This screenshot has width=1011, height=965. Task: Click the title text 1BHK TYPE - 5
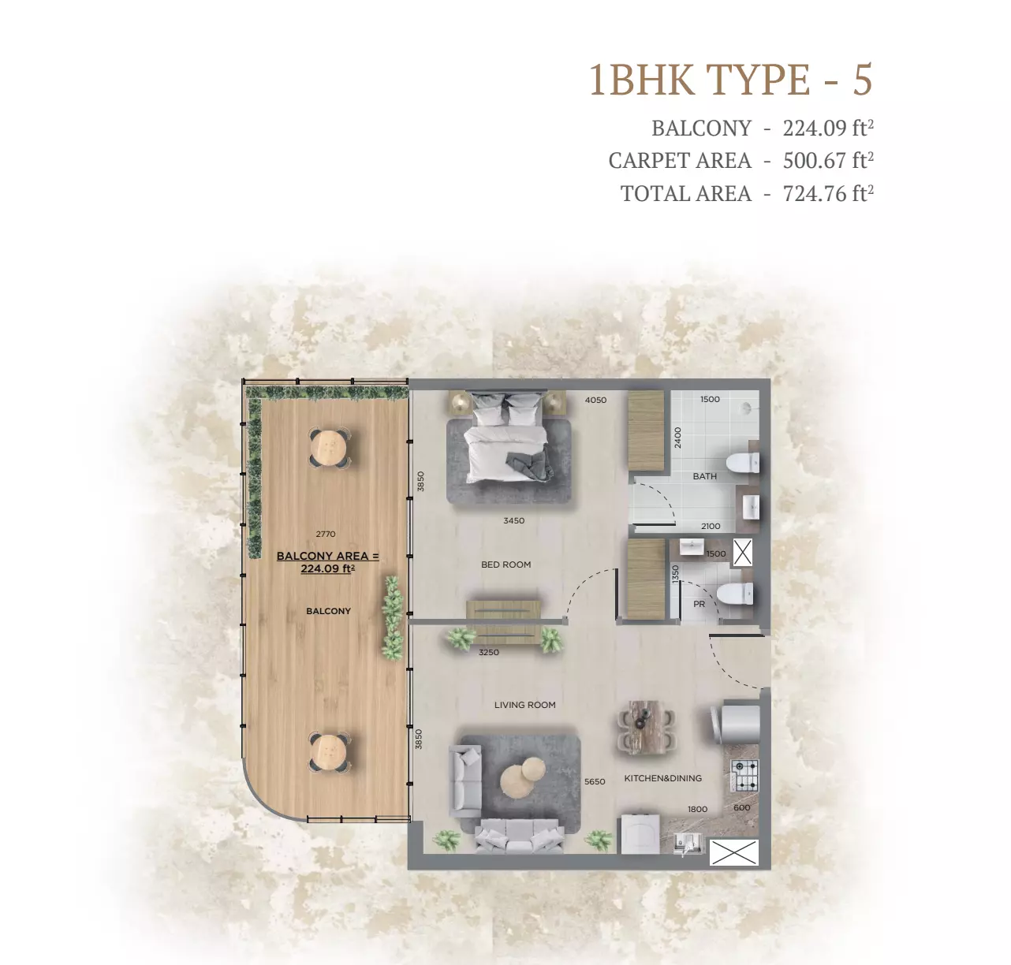tap(730, 80)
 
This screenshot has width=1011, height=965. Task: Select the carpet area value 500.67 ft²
tap(828, 161)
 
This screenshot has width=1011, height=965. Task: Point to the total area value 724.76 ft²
tap(828, 194)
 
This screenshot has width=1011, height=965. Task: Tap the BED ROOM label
tap(505, 564)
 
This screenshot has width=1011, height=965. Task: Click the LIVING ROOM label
tap(524, 705)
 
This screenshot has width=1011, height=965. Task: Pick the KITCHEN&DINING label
tap(662, 778)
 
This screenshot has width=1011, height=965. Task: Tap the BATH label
tap(704, 476)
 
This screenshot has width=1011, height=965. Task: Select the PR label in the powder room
tap(699, 604)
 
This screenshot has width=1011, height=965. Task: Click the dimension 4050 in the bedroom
tap(595, 400)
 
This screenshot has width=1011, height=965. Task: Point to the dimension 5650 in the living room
tap(595, 781)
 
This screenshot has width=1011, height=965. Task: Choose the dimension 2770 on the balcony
tap(326, 534)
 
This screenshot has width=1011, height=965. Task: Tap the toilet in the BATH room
tap(743, 464)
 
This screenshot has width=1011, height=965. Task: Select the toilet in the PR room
tap(735, 594)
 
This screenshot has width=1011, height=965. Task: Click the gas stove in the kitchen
tap(745, 775)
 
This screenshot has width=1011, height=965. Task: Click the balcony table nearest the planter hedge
tap(330, 447)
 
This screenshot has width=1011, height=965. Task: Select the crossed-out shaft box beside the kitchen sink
tap(733, 853)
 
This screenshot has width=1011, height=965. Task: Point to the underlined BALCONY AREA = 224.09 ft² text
tap(328, 562)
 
